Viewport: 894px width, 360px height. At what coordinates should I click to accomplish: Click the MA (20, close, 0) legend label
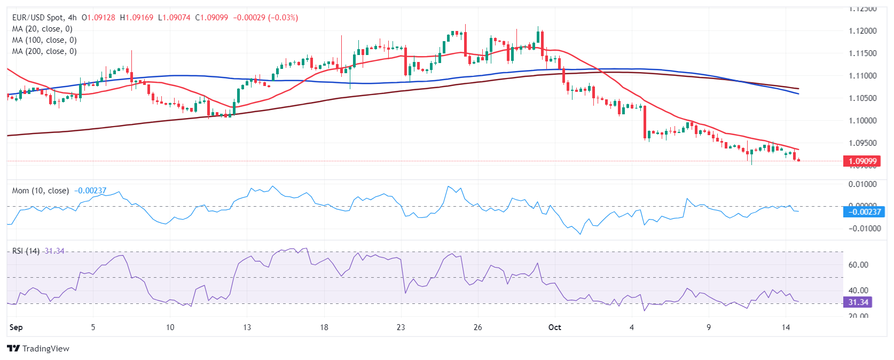point(42,29)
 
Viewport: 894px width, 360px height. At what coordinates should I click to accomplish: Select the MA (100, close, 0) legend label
point(44,40)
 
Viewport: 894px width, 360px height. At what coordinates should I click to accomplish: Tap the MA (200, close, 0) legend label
point(44,51)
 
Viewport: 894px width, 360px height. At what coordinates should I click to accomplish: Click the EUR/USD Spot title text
point(37,18)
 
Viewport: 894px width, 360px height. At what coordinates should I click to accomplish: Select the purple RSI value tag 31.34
point(858,302)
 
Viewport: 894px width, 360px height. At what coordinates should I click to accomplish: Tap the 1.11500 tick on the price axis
point(862,53)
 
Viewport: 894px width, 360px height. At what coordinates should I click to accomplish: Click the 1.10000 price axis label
point(862,121)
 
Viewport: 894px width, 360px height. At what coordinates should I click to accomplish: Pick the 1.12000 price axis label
point(862,31)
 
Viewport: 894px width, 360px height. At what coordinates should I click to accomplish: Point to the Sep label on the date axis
point(16,327)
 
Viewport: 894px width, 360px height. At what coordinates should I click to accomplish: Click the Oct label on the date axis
point(555,327)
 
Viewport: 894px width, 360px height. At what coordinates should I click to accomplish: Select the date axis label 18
point(324,327)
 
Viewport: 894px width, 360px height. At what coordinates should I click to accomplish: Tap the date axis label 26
point(478,327)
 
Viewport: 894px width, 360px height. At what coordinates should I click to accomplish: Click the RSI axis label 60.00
point(858,265)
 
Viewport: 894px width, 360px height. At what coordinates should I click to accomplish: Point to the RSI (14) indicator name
point(26,251)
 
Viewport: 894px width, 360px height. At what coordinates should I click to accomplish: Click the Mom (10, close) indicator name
point(41,191)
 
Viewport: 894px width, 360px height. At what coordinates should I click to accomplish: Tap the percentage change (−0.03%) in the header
point(283,18)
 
